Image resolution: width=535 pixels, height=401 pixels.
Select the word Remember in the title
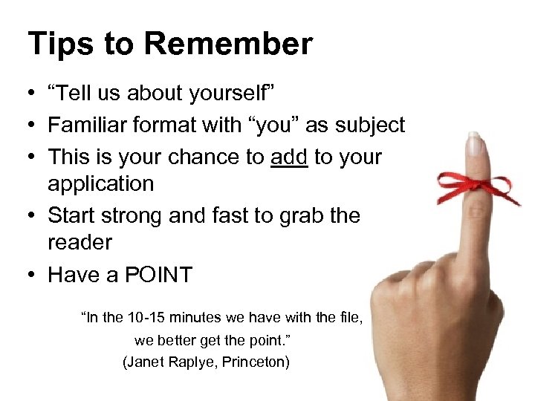tap(228, 44)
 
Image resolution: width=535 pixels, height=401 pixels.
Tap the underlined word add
tap(288, 157)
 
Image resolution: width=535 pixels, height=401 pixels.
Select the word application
tap(101, 183)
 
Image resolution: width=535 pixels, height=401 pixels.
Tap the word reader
tap(80, 242)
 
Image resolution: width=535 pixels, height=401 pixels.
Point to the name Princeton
tap(255, 362)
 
